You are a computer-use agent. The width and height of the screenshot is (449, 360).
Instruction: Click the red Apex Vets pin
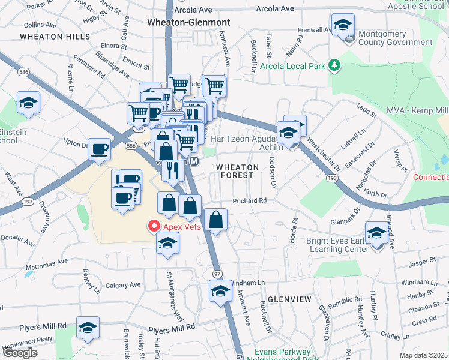153,226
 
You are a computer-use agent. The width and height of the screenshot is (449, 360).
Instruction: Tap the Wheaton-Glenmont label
188,22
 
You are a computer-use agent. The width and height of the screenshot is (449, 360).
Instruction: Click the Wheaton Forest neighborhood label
237,171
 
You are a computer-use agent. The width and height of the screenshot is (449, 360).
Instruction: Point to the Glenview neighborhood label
289,299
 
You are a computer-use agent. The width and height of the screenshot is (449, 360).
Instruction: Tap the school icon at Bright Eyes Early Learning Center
376,233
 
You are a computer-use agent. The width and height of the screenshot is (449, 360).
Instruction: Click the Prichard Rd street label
249,200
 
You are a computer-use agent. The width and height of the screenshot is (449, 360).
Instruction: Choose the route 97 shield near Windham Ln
217,274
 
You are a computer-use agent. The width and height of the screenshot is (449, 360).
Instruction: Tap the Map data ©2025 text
424,355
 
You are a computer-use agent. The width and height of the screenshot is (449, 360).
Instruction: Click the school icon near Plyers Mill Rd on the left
88,327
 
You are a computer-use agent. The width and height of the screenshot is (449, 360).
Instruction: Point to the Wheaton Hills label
50,36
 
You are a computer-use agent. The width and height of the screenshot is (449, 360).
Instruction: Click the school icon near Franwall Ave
342,25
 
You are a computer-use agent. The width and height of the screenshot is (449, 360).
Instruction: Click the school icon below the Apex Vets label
168,244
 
